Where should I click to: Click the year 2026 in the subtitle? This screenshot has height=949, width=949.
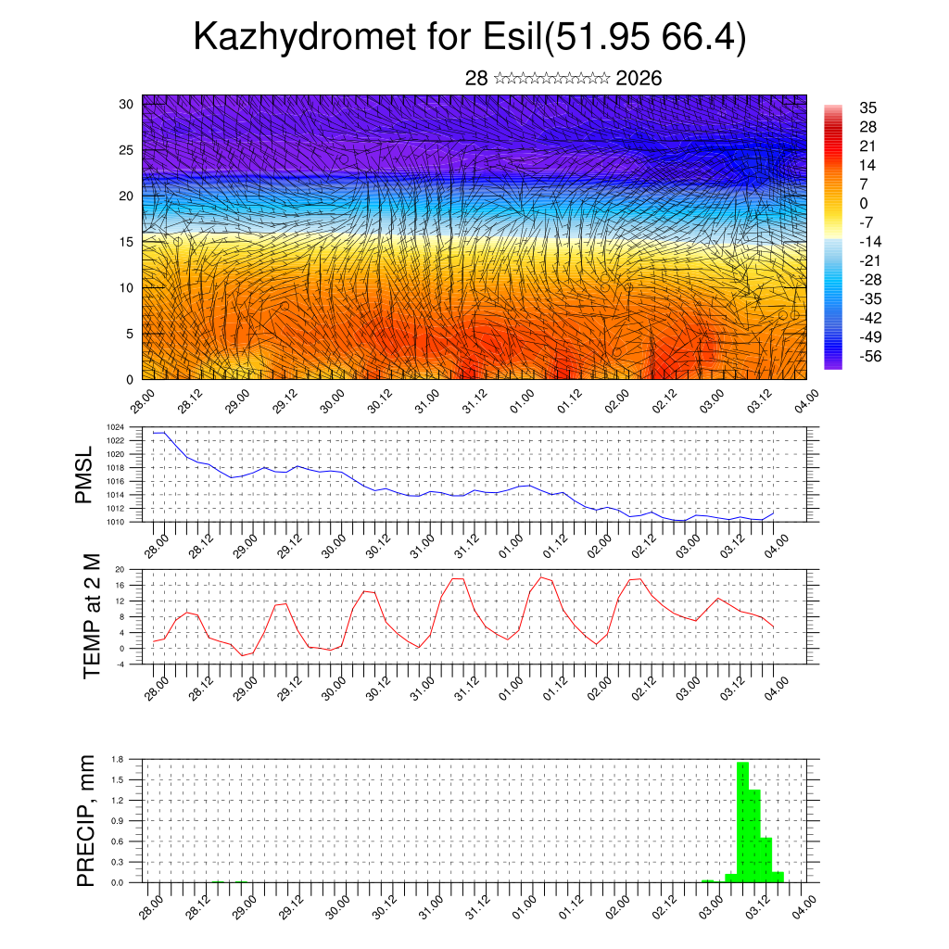639,79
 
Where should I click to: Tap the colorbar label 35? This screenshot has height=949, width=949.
868,108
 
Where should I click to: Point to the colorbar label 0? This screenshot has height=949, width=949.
864,203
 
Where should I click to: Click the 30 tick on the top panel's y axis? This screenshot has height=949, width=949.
127,104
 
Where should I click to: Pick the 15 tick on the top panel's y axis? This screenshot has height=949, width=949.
127,242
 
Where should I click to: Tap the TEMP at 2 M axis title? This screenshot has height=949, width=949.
92,615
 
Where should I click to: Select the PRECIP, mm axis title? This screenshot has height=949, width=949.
86,820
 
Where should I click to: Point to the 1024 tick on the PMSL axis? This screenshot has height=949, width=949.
142,427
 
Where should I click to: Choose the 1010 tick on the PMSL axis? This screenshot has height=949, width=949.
142,522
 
